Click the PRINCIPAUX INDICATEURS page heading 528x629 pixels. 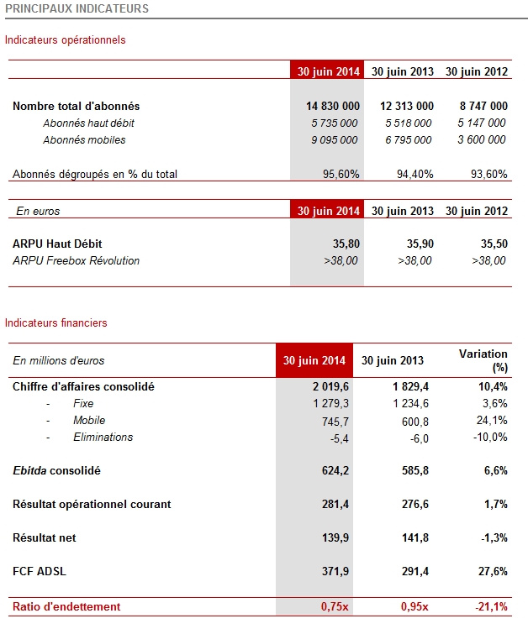(77, 8)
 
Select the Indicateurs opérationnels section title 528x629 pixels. (65, 40)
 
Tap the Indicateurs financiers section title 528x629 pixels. (55, 323)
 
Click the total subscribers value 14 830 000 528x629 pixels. (333, 106)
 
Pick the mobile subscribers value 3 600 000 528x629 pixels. (482, 139)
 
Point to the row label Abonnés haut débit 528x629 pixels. (89, 123)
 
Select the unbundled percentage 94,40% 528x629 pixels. (414, 174)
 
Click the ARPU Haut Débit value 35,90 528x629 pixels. (420, 244)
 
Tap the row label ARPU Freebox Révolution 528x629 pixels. (77, 260)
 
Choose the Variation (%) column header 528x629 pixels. (483, 360)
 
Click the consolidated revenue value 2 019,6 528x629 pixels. (330, 386)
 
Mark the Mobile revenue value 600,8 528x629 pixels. (415, 422)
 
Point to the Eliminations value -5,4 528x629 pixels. (340, 438)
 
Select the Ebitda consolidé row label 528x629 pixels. (56, 470)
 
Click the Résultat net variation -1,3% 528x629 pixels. (494, 537)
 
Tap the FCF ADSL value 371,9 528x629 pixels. (335, 571)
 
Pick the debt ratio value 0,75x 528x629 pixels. (335, 606)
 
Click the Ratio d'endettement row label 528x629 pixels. (66, 606)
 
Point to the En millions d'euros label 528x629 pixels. (59, 360)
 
